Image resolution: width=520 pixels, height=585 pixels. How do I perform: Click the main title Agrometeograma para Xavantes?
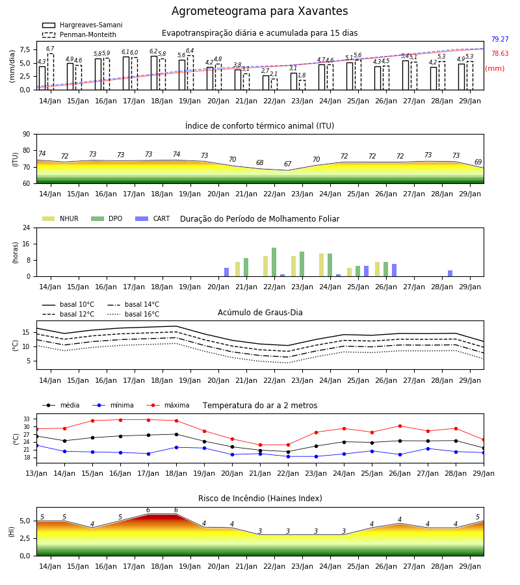(x=259, y=11)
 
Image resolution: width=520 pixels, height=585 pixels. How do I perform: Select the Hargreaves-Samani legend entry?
(x=83, y=25)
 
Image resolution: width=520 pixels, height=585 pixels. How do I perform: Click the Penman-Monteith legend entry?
(x=79, y=34)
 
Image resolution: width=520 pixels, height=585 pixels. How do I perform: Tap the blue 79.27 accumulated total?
(x=500, y=39)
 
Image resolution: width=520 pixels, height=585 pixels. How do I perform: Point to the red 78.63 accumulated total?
(x=500, y=53)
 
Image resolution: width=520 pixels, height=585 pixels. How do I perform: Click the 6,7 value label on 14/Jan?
(x=50, y=49)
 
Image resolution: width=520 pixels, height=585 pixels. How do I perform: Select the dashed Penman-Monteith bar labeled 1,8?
(x=302, y=85)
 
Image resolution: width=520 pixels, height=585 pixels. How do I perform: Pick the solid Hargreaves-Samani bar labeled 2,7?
(x=266, y=83)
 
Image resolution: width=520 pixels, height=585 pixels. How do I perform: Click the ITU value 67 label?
(x=287, y=164)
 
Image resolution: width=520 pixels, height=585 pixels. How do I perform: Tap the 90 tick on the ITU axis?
(x=27, y=135)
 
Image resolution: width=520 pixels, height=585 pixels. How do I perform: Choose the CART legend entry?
(x=153, y=218)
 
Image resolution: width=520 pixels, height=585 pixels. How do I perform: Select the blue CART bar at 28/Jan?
(x=450, y=274)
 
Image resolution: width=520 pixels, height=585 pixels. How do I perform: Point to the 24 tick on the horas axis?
(x=27, y=228)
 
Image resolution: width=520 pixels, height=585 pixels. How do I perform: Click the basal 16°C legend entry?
(x=133, y=314)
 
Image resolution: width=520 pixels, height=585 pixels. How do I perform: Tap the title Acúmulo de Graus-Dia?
(x=260, y=313)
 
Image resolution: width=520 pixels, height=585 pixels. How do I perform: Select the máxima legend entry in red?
(x=168, y=405)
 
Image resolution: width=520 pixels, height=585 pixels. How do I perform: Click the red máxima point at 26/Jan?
(x=400, y=426)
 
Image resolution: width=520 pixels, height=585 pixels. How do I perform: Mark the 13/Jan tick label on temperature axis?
(x=36, y=473)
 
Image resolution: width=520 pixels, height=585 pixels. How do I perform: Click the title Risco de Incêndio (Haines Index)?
(x=260, y=499)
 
